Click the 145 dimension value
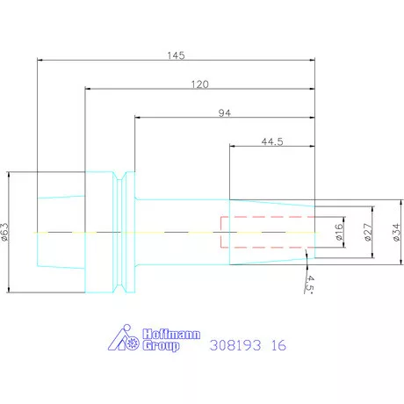click(x=176, y=55)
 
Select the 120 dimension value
click(x=200, y=84)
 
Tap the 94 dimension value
click(x=225, y=112)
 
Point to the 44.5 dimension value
click(x=272, y=141)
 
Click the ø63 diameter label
click(x=5, y=232)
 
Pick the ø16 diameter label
click(x=339, y=232)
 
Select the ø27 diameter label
click(x=368, y=232)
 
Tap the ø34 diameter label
click(x=396, y=232)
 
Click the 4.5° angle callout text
click(x=310, y=284)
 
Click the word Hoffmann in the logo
click(x=171, y=334)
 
